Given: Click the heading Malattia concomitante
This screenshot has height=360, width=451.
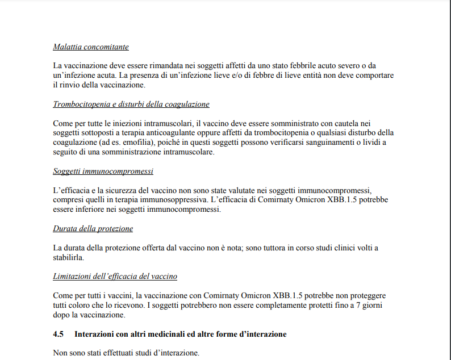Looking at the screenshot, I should click(x=91, y=47).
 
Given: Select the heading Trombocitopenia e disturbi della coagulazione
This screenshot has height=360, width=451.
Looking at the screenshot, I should click(x=131, y=104).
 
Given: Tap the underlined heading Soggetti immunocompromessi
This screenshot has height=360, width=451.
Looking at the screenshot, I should click(x=103, y=171).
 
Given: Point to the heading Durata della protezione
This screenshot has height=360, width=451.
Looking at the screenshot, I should click(x=93, y=228).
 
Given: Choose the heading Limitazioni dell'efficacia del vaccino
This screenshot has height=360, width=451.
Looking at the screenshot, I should click(x=115, y=277).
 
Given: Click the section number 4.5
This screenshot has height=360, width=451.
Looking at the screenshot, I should click(x=58, y=334).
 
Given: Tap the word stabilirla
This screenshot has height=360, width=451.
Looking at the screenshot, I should click(x=68, y=257).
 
